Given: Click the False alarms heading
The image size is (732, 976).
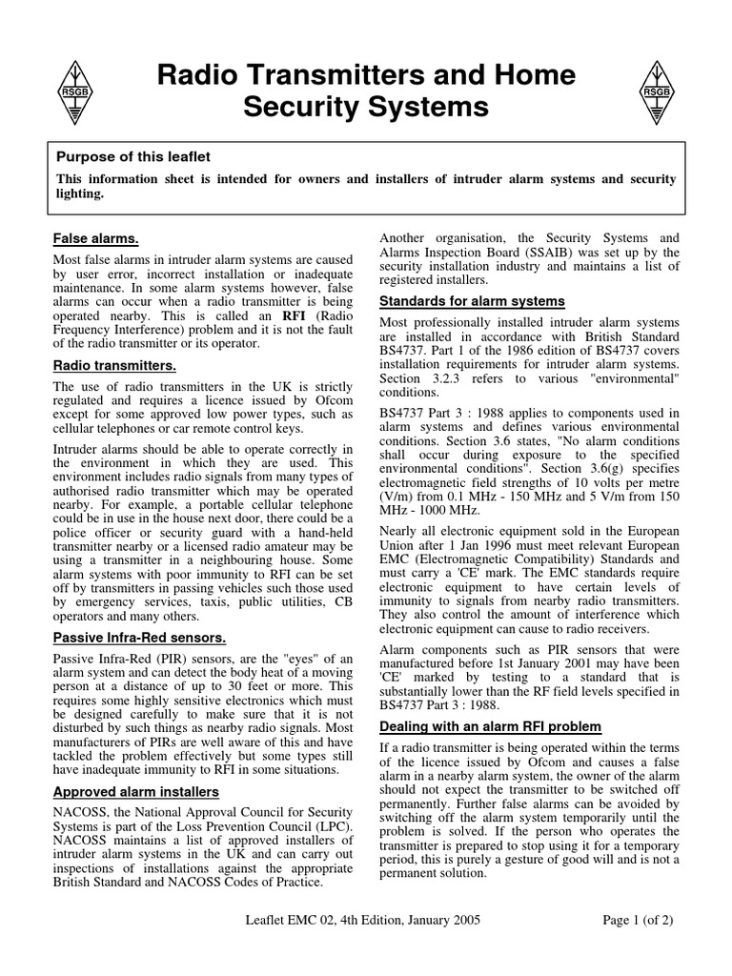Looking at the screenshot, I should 95,238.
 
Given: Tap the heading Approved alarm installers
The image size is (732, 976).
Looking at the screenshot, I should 135,791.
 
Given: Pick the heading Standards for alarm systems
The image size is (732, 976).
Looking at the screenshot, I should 472,301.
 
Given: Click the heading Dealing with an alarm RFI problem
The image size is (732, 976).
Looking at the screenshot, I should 491,726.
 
